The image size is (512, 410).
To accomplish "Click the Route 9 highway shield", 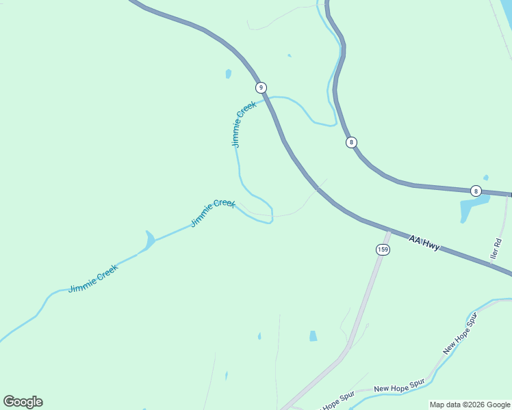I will point(261,87).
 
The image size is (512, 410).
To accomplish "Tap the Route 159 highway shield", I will point(383,249).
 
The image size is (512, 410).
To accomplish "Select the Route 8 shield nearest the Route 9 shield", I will point(351,142).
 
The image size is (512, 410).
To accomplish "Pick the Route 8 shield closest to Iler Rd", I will point(476,191).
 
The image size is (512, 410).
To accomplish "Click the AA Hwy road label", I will point(424,242).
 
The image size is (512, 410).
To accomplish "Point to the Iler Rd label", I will point(496,248).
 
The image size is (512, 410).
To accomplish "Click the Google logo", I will point(23,402).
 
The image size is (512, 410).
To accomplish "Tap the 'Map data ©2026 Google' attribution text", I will point(470,405).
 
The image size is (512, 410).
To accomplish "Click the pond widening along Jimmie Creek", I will point(149,241).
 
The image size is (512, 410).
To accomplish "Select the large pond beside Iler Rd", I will point(474,208).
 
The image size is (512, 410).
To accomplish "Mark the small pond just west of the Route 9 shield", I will point(228,74).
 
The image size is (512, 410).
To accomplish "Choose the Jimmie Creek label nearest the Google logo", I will point(93,279).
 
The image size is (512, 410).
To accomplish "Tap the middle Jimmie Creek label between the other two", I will point(213,213).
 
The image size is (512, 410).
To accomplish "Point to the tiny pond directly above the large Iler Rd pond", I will point(485,178).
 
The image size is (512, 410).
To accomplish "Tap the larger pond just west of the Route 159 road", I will point(313,336).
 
